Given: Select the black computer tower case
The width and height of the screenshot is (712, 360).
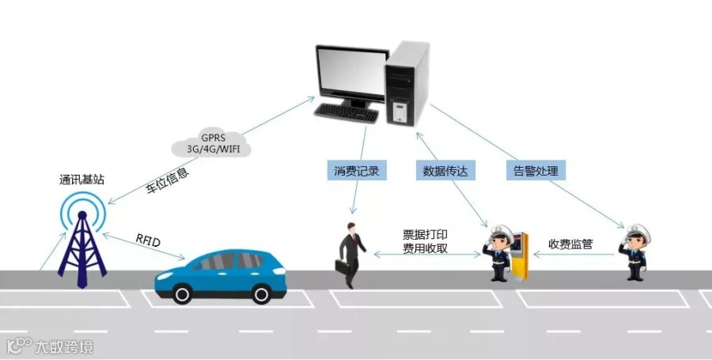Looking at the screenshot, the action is coord(407,83).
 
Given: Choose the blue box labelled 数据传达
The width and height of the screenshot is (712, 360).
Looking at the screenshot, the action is coord(445,170).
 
